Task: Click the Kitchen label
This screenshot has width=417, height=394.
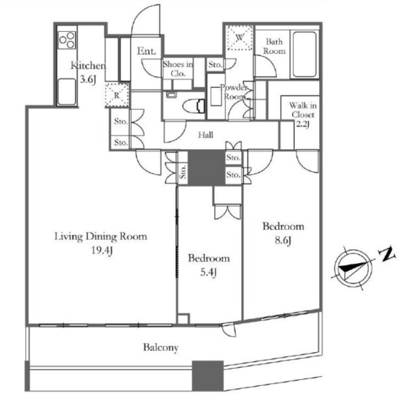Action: [x=88, y=65]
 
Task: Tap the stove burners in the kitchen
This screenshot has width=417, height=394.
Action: [x=67, y=40]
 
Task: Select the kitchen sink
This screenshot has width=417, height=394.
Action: [x=66, y=91]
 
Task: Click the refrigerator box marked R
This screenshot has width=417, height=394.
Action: [x=117, y=95]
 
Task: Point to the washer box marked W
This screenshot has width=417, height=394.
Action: [x=240, y=38]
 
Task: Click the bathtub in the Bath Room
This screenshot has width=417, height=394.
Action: [x=305, y=54]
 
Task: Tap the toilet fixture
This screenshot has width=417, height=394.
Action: [x=194, y=107]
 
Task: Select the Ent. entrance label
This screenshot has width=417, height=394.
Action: [x=146, y=51]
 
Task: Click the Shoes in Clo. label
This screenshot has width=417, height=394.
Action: [x=178, y=68]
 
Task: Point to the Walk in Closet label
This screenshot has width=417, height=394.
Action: [x=303, y=110]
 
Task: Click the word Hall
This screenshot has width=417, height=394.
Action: [x=206, y=135]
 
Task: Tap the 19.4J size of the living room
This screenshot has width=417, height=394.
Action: [x=102, y=251]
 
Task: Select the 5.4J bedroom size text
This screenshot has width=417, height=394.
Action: [x=208, y=272]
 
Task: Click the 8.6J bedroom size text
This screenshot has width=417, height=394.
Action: [x=283, y=241]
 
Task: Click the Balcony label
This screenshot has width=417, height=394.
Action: [x=161, y=348]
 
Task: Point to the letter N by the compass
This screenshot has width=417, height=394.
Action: [x=388, y=254]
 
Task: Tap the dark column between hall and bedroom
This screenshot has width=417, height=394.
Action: [x=207, y=168]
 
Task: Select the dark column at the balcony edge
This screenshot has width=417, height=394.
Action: [x=208, y=376]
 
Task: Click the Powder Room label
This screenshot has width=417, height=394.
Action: [x=234, y=92]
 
